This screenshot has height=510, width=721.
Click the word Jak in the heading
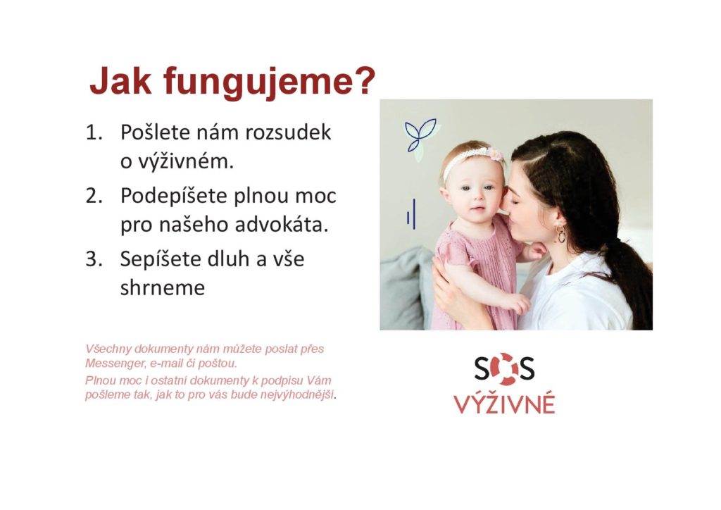click(x=120, y=82)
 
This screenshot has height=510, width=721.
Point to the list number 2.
click(x=94, y=196)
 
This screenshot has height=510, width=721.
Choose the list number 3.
click(x=94, y=259)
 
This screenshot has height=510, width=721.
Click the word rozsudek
click(x=288, y=132)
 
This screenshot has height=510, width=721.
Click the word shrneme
click(x=163, y=288)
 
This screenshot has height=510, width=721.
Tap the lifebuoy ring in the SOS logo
click(x=504, y=369)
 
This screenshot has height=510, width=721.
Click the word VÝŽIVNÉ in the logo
click(x=504, y=404)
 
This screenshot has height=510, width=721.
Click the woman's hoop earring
click(x=560, y=234)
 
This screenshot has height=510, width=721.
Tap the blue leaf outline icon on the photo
click(x=420, y=135)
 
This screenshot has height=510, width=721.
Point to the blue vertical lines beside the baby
click(x=411, y=214)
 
